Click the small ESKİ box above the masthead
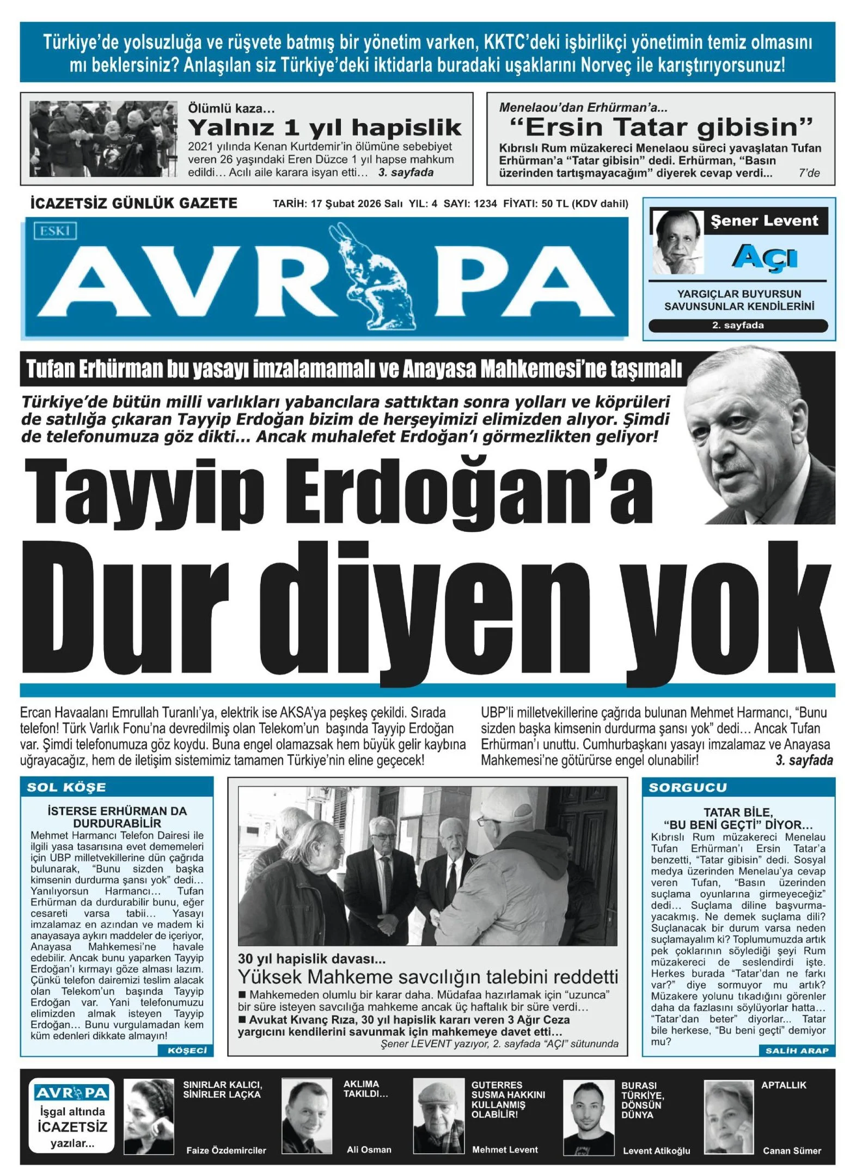point(55,231)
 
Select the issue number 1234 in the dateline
point(485,204)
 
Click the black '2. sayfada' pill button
point(738,326)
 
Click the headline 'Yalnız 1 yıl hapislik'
point(325,127)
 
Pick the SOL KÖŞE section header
point(66,787)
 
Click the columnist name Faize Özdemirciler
point(226,1151)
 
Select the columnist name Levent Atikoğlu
point(656,1151)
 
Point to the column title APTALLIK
point(783,1085)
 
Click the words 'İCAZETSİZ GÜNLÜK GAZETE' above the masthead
point(134,204)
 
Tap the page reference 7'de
point(809,174)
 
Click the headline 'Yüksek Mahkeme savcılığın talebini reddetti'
point(427,976)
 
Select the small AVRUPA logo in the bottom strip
point(72,1093)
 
